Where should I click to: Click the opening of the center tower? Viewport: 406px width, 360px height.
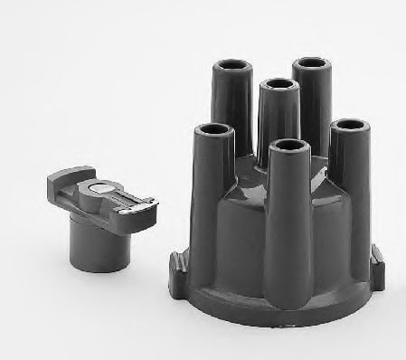click(279, 87)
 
